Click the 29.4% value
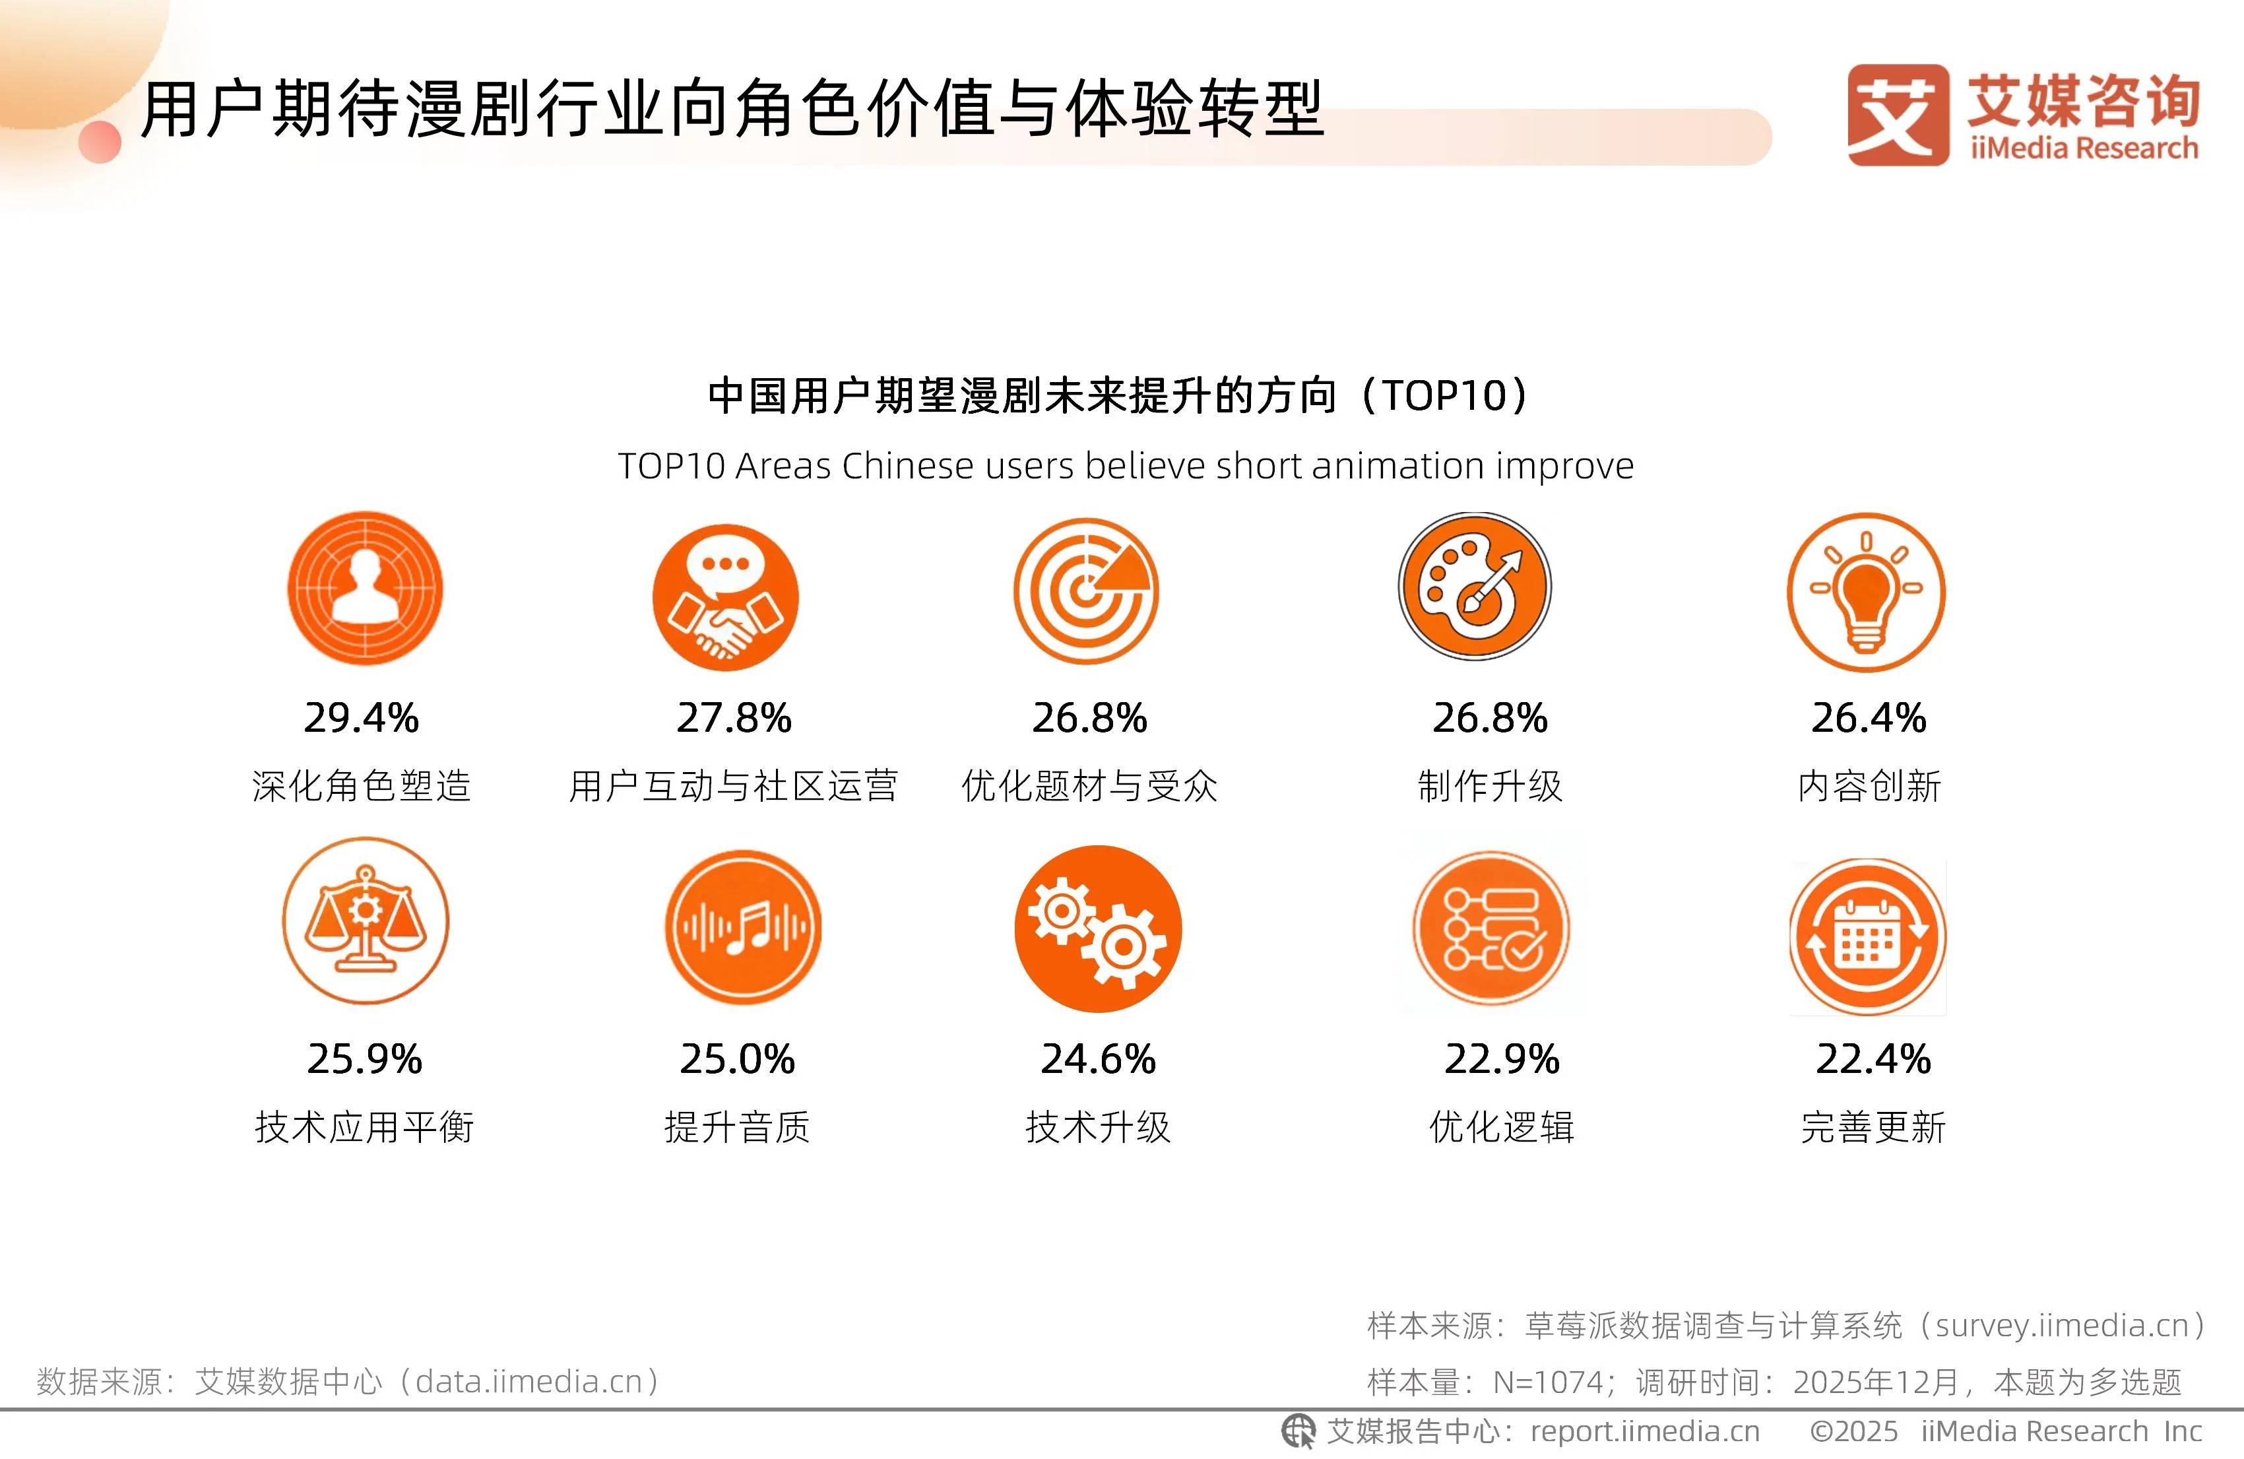pyautogui.click(x=361, y=718)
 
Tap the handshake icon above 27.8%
pyautogui.click(x=725, y=598)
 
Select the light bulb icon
pyautogui.click(x=1866, y=593)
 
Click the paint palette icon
pyautogui.click(x=1475, y=587)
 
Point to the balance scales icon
pyautogui.click(x=366, y=921)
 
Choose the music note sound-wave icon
pyautogui.click(x=743, y=927)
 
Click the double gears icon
pyautogui.click(x=1097, y=929)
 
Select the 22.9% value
pyautogui.click(x=1502, y=1059)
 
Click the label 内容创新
pyautogui.click(x=1869, y=786)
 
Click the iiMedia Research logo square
pyautogui.click(x=1898, y=115)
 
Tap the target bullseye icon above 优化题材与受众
pyautogui.click(x=1086, y=591)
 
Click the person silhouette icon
pyautogui.click(x=365, y=589)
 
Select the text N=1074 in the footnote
pyautogui.click(x=1548, y=1382)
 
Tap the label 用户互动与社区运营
pyautogui.click(x=734, y=786)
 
